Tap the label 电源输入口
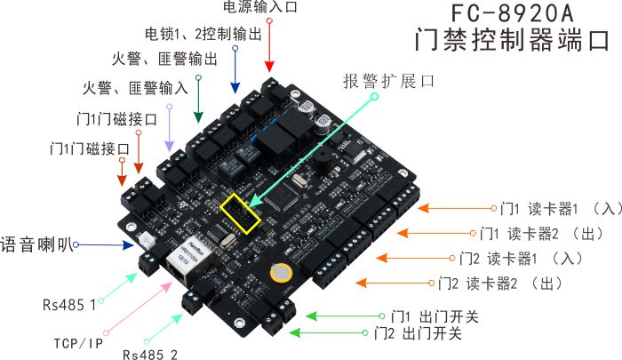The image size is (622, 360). (259, 8)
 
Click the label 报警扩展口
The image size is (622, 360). (388, 81)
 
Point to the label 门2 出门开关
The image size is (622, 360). (418, 333)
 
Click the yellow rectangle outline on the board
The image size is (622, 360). (242, 212)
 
